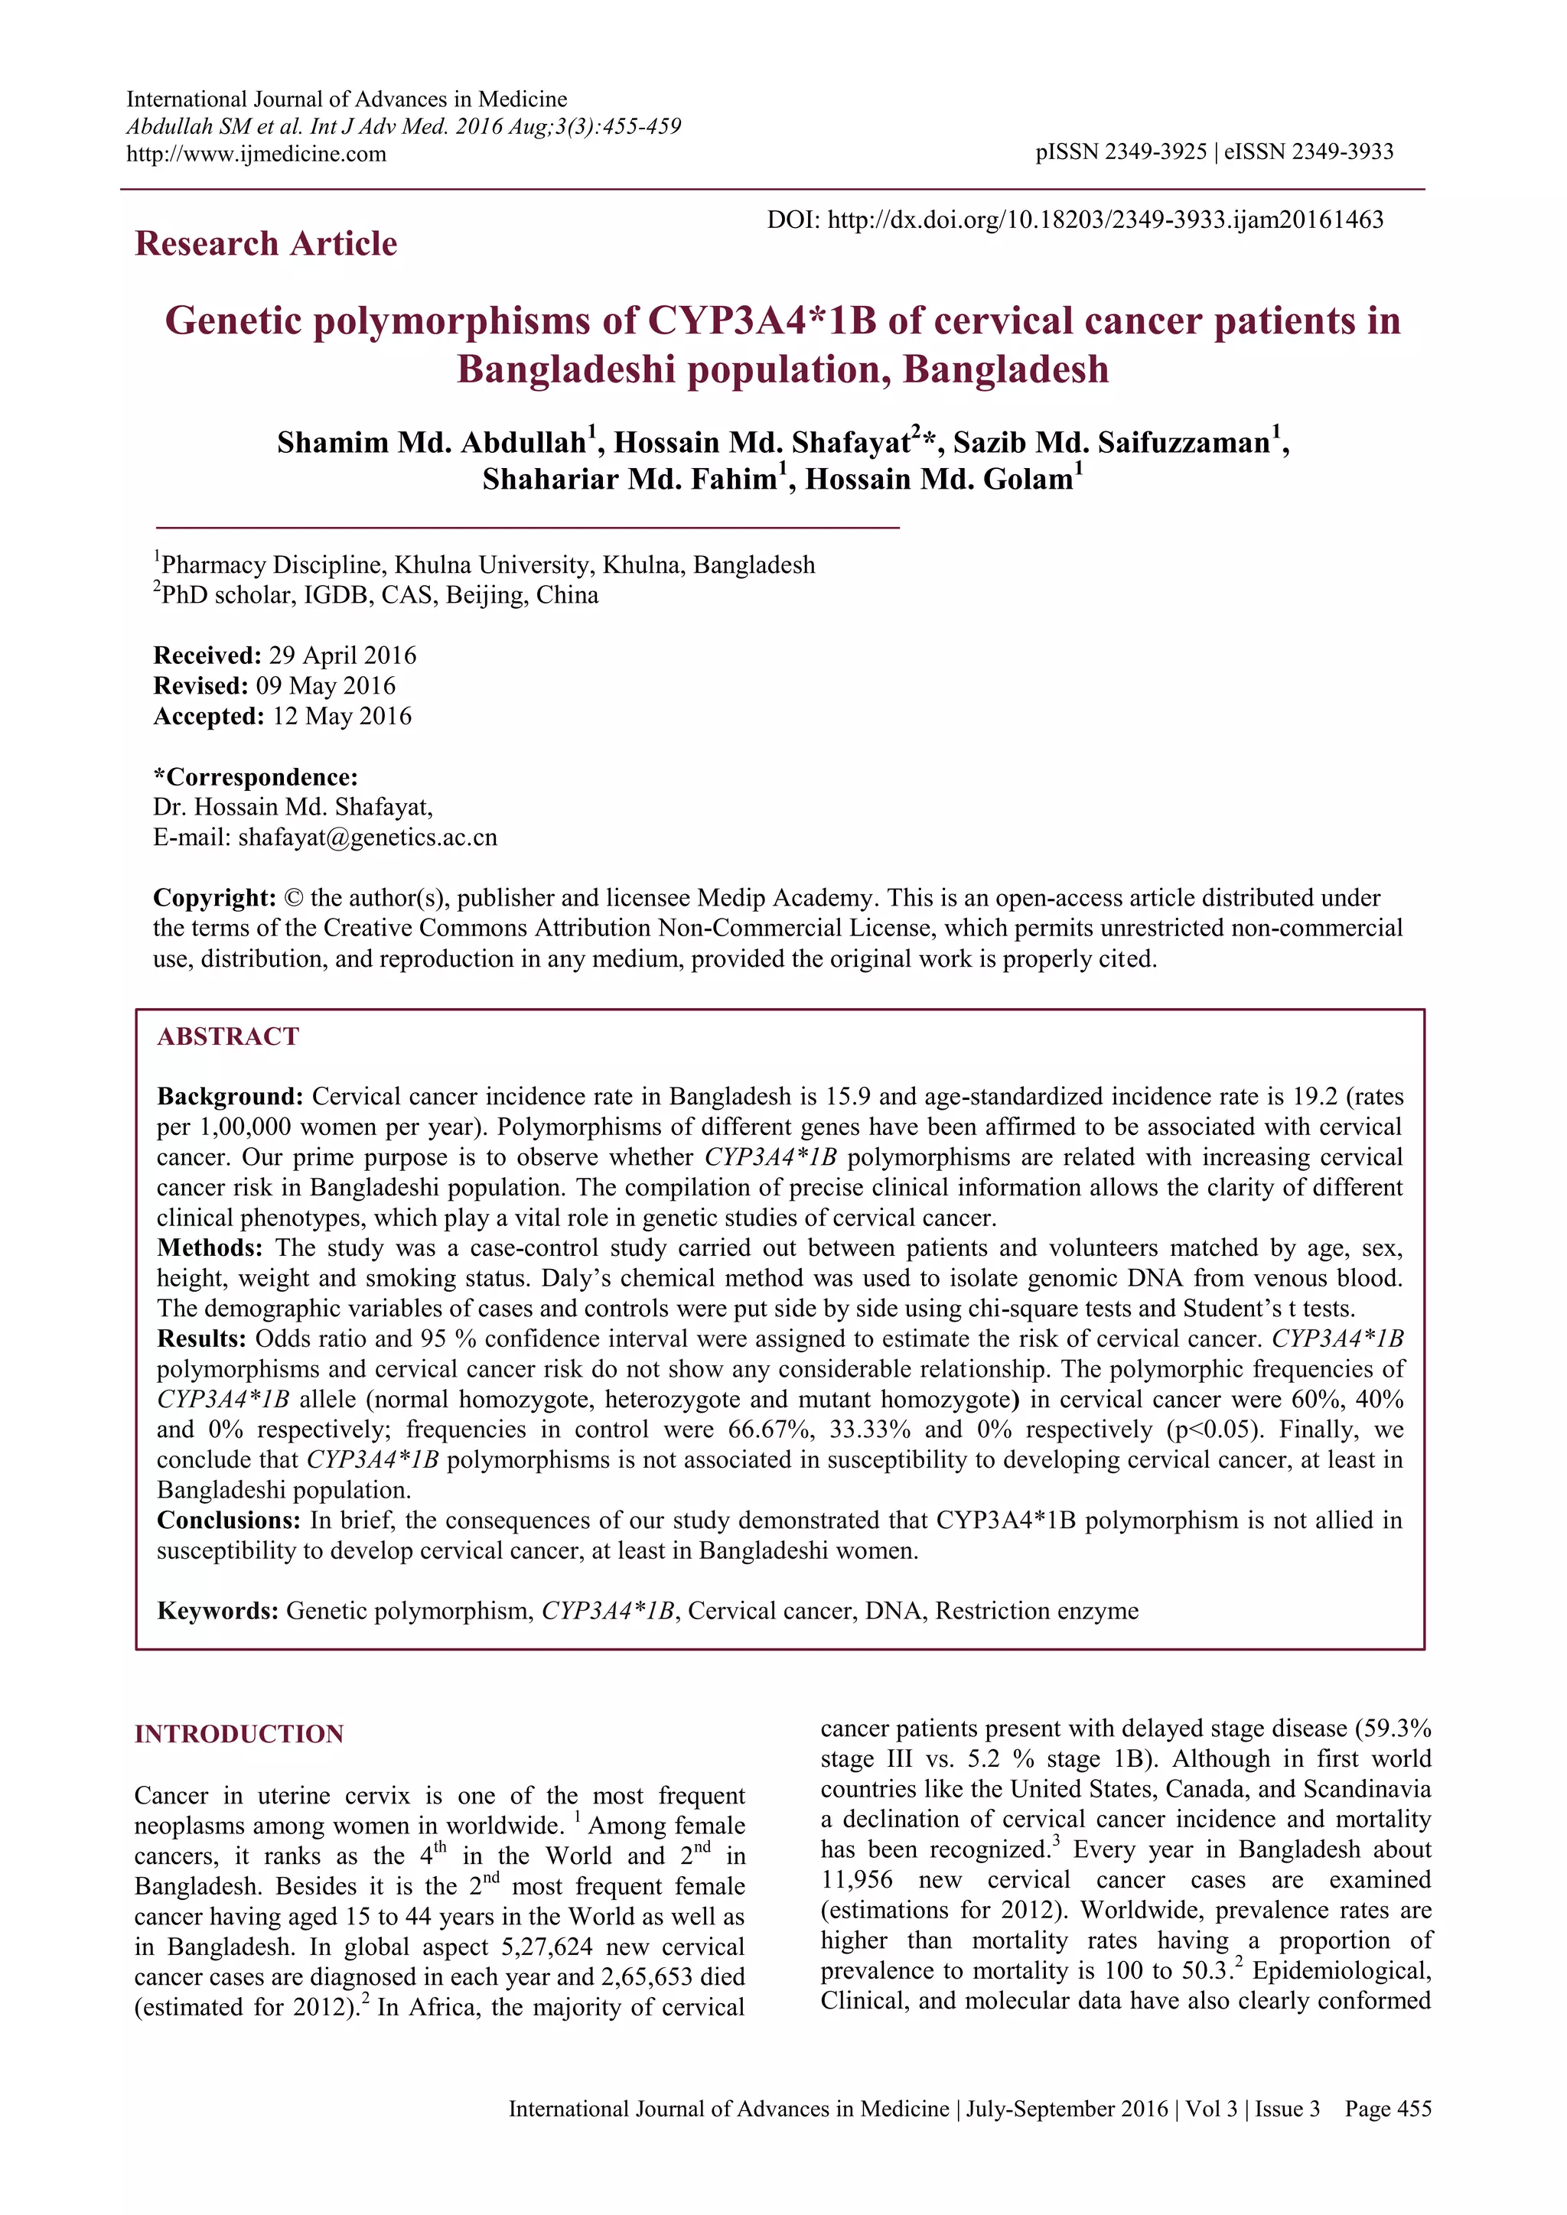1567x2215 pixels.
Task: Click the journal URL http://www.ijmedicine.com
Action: (256, 154)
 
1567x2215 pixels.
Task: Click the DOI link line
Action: (1075, 220)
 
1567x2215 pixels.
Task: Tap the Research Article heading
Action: (266, 243)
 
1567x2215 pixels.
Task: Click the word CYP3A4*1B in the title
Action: (761, 320)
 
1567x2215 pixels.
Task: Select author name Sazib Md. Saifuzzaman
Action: (1112, 443)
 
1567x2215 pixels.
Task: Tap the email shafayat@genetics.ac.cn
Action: (367, 838)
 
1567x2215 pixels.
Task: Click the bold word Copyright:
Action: (215, 898)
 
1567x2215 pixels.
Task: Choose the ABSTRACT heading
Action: (228, 1037)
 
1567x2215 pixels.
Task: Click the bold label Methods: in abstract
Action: (210, 1248)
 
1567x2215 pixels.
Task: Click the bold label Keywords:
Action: (218, 1611)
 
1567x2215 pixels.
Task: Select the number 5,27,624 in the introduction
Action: (555, 1947)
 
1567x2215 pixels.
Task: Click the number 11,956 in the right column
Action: (857, 1879)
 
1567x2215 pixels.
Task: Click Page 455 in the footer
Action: (1387, 2109)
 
